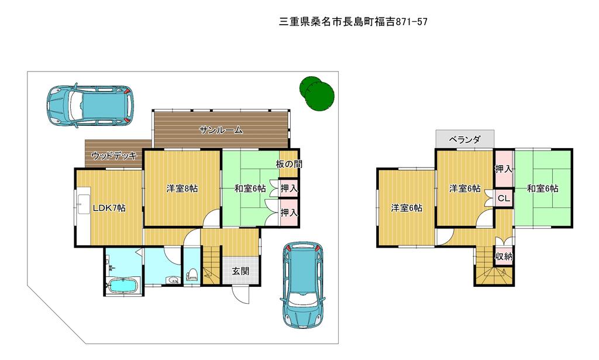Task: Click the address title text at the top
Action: [x=353, y=22]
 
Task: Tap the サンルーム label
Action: [x=221, y=130]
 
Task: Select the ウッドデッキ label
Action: [x=114, y=156]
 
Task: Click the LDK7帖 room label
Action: [x=109, y=208]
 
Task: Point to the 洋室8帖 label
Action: [x=182, y=188]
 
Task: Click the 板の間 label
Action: [x=289, y=164]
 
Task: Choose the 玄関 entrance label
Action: [x=240, y=271]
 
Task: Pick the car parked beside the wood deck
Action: [x=90, y=105]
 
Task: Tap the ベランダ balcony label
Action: [x=464, y=139]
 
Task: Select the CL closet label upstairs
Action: [x=504, y=198]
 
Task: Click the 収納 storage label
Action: [x=504, y=256]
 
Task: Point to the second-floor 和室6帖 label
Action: [x=542, y=188]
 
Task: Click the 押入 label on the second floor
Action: [x=504, y=169]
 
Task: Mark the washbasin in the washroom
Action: [x=173, y=280]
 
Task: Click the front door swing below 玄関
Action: [x=240, y=295]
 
